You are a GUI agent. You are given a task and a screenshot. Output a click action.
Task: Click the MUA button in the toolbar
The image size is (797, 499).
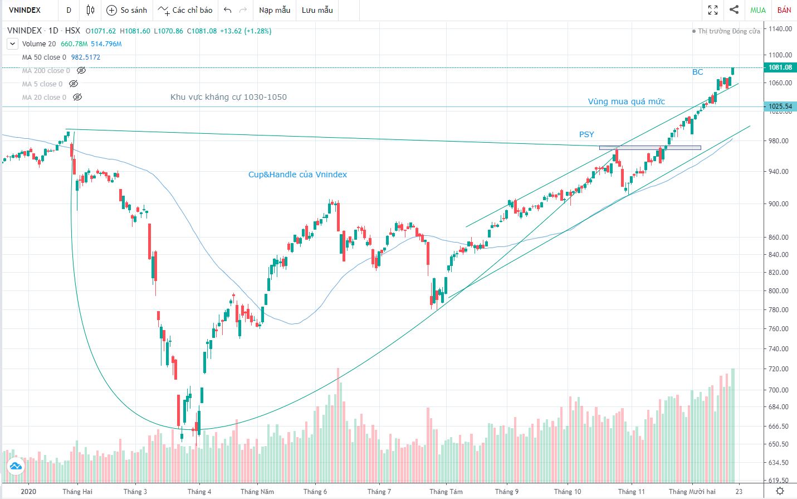pyautogui.click(x=757, y=10)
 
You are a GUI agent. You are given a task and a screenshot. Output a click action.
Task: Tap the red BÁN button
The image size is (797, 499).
pyautogui.click(x=784, y=10)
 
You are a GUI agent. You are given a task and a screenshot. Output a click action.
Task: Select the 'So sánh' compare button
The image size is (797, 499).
pyautogui.click(x=127, y=10)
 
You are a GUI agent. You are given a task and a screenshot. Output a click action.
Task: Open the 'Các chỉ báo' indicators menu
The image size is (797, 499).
pyautogui.click(x=185, y=10)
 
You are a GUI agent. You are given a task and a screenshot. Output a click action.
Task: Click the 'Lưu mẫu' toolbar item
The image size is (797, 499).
pyautogui.click(x=317, y=10)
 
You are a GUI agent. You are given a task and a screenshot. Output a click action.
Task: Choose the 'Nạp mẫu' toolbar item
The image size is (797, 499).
pyautogui.click(x=275, y=10)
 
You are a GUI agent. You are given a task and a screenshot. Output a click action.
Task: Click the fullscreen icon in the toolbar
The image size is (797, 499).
pyautogui.click(x=712, y=10)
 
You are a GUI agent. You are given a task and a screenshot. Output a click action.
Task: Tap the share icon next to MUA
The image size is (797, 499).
pyautogui.click(x=734, y=10)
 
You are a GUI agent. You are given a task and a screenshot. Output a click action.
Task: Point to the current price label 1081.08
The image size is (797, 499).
pyautogui.click(x=780, y=67)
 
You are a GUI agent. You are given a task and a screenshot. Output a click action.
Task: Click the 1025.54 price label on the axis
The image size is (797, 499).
pyautogui.click(x=780, y=106)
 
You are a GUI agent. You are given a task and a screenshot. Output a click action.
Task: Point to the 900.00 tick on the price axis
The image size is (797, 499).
pyautogui.click(x=779, y=204)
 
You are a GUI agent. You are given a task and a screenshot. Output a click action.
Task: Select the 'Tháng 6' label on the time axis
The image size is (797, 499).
pyautogui.click(x=315, y=491)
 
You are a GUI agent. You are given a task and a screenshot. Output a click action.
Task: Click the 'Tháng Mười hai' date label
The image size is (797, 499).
pyautogui.click(x=692, y=491)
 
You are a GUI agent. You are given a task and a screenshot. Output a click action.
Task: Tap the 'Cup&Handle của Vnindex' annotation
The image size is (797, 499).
pyautogui.click(x=297, y=175)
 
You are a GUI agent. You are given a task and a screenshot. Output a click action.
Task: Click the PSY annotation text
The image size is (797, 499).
pyautogui.click(x=586, y=134)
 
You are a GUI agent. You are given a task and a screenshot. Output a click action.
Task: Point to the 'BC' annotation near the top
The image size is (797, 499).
pyautogui.click(x=697, y=72)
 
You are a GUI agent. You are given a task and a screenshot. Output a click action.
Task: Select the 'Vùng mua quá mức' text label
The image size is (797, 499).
pyautogui.click(x=627, y=101)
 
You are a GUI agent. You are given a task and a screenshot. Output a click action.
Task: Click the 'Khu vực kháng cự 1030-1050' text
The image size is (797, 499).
pyautogui.click(x=228, y=97)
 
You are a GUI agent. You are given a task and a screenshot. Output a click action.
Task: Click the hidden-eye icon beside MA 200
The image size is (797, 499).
pyautogui.click(x=81, y=71)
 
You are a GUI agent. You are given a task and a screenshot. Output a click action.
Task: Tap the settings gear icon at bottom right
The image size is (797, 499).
pyautogui.click(x=780, y=491)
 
